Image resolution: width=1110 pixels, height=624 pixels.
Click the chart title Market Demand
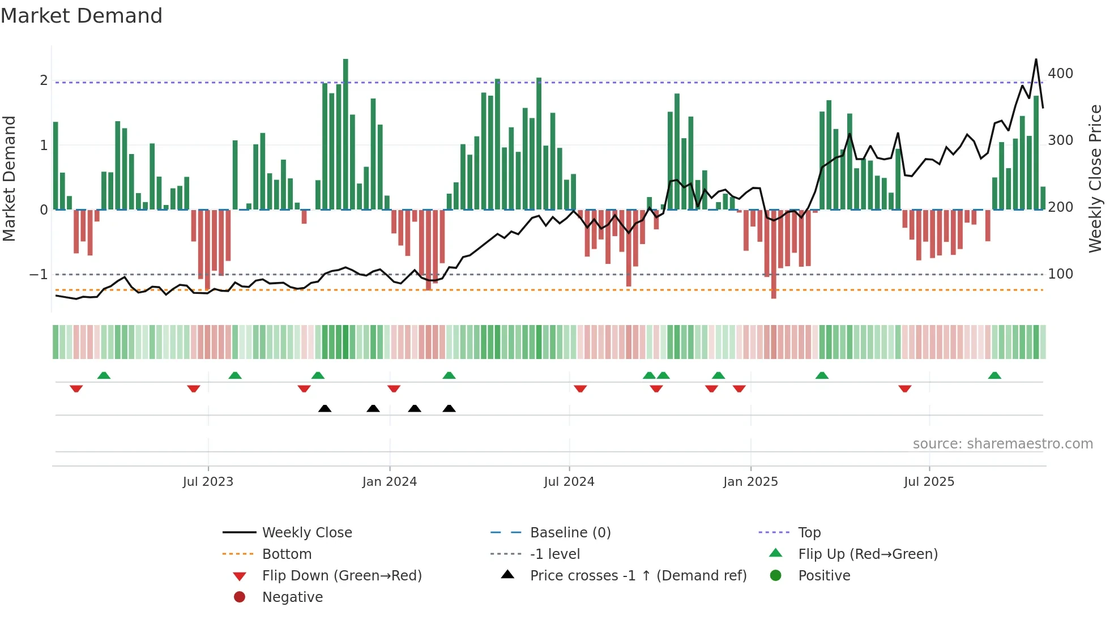pyautogui.click(x=82, y=16)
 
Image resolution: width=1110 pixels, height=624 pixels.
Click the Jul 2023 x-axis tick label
pyautogui.click(x=208, y=482)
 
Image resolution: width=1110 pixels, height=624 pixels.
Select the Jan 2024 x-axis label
pyautogui.click(x=390, y=482)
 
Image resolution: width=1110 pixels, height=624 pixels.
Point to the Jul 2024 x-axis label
pyautogui.click(x=569, y=482)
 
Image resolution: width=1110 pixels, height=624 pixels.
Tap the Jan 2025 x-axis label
pyautogui.click(x=750, y=482)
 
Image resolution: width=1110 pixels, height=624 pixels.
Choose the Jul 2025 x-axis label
pyautogui.click(x=929, y=482)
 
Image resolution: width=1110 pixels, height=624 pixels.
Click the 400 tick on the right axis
pyautogui.click(x=1060, y=74)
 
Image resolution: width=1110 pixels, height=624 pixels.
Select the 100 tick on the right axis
pyautogui.click(x=1060, y=274)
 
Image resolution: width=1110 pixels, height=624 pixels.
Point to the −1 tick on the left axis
pyautogui.click(x=39, y=275)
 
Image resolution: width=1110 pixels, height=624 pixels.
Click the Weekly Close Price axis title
pyautogui.click(x=1095, y=178)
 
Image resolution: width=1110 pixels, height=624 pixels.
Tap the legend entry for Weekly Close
pyautogui.click(x=306, y=533)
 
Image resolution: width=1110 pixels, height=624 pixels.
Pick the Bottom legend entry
pyautogui.click(x=287, y=554)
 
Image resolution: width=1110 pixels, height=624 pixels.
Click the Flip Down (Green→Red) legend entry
pyautogui.click(x=341, y=576)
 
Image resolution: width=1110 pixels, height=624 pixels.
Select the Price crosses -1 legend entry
pyautogui.click(x=638, y=576)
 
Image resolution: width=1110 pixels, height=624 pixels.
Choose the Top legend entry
pyautogui.click(x=809, y=533)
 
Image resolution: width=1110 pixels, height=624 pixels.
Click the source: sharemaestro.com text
pyautogui.click(x=1002, y=444)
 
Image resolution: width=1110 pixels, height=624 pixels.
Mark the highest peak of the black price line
pyautogui.click(x=1036, y=59)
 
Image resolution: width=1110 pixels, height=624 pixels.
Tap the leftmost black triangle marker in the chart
pyautogui.click(x=325, y=409)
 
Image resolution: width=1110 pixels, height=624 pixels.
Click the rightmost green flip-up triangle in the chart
pyautogui.click(x=994, y=375)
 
